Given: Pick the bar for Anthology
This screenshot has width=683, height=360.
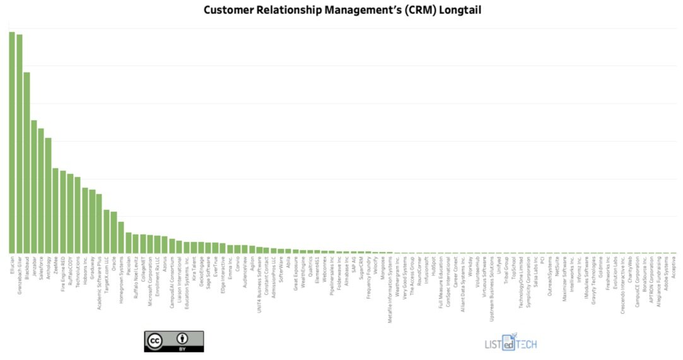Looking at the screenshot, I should coord(49,195).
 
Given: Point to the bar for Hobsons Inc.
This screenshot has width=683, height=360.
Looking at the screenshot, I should coord(85,220).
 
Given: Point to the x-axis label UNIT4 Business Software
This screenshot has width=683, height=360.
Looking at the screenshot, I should coord(259,283).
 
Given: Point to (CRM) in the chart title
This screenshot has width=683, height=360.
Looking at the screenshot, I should coord(413,10).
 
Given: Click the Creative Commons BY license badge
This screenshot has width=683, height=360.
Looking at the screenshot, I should coord(173,341).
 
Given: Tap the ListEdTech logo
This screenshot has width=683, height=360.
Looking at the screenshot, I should coord(510,344).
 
